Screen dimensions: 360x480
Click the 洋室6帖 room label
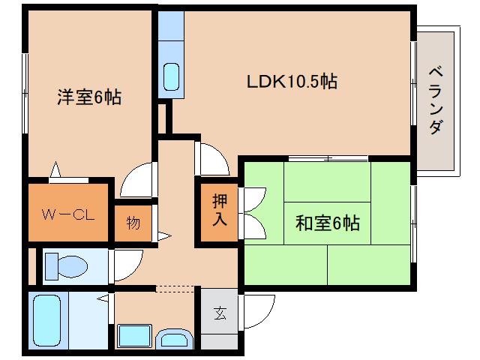pyautogui.click(x=89, y=97)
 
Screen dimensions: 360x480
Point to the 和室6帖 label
pyautogui.click(x=327, y=223)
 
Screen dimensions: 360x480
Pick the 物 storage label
pyautogui.click(x=133, y=224)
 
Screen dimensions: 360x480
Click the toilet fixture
pyautogui.click(x=66, y=264)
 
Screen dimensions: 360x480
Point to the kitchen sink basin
pyautogui.click(x=171, y=76)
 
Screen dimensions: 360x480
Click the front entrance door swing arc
pyautogui.click(x=259, y=307)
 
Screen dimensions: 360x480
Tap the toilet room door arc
pyautogui.click(x=128, y=263)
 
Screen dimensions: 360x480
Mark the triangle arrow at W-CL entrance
pyautogui.click(x=55, y=172)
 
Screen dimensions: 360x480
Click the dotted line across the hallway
pyautogui.click(x=175, y=287)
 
